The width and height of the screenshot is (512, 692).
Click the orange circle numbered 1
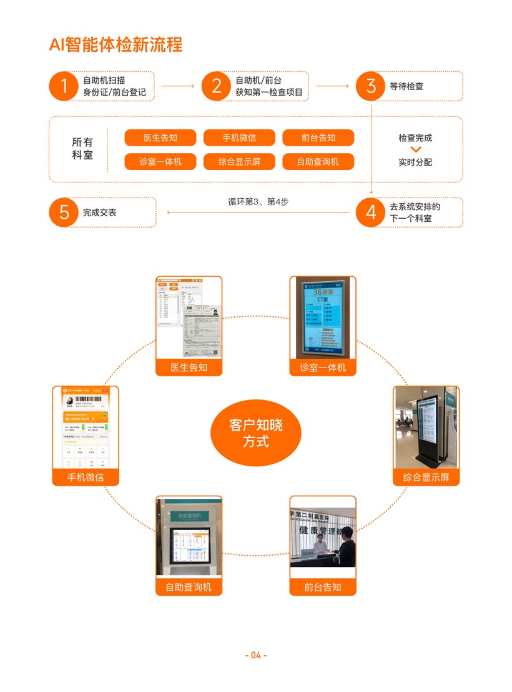coord(64,86)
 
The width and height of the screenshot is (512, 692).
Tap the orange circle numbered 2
coord(216,86)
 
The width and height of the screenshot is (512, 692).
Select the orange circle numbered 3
coord(371,86)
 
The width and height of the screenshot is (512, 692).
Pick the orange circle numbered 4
coord(371,213)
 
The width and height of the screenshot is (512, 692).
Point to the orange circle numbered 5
coord(64,213)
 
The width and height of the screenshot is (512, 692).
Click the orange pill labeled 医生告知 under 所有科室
coord(160,138)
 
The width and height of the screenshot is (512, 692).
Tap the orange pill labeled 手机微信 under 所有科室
coord(239,138)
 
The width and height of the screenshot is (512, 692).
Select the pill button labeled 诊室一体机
coord(160,162)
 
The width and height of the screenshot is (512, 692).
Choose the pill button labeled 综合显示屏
coord(239,162)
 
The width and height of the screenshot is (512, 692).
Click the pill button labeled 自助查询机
coord(318,162)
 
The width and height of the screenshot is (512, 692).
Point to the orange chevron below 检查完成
coord(416,150)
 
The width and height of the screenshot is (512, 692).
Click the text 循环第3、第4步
coord(258,202)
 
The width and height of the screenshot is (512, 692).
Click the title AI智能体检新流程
coord(116,45)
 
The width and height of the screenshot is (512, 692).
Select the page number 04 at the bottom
coord(255,655)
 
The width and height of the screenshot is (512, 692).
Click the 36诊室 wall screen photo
coord(323,318)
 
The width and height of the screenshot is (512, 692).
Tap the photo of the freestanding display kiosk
coord(426,428)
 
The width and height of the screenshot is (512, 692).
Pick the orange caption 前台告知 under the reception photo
coord(323,587)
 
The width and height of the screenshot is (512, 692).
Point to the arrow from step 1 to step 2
coord(178,86)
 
